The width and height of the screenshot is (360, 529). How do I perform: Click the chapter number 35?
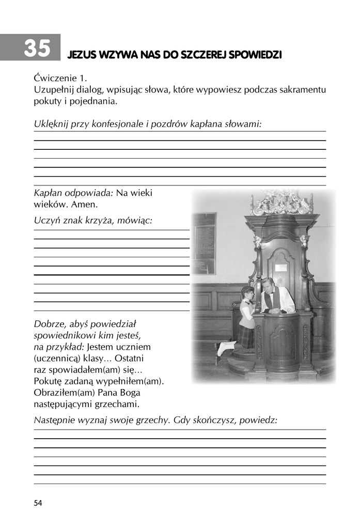click(x=37, y=48)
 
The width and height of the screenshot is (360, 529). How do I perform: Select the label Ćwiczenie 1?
click(x=58, y=79)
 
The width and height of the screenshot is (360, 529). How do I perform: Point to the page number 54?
click(x=38, y=503)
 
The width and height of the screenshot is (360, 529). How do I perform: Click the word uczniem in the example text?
click(x=133, y=347)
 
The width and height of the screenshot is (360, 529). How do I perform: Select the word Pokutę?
click(x=49, y=381)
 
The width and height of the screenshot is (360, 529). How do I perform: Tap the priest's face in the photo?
click(x=269, y=285)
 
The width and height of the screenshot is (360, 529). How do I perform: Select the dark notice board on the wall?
click(x=204, y=243)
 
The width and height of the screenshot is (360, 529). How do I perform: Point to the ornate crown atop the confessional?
click(x=281, y=203)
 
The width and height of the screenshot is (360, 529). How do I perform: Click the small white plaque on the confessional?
click(x=280, y=268)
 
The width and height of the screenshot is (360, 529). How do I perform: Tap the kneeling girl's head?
click(x=246, y=294)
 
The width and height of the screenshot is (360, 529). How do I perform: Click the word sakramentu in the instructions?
click(x=304, y=90)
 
